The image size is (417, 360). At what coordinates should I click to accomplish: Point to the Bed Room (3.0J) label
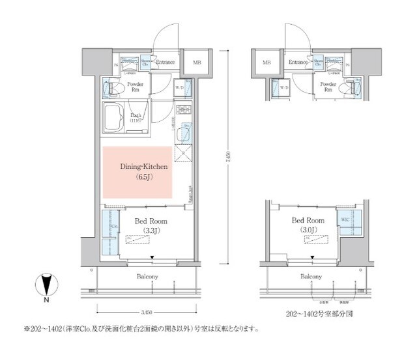pyautogui.click(x=308, y=225)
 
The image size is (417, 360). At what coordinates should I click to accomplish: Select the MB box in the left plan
pyautogui.click(x=196, y=62)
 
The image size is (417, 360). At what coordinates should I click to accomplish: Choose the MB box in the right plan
pyautogui.click(x=266, y=62)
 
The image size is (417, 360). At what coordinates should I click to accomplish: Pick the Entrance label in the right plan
pyautogui.click(x=298, y=62)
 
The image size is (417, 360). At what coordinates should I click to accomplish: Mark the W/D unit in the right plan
pyautogui.click(x=284, y=89)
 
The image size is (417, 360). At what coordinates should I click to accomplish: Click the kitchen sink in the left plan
pyautogui.click(x=184, y=133)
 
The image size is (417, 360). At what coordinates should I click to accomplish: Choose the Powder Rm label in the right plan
pyautogui.click(x=328, y=88)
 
